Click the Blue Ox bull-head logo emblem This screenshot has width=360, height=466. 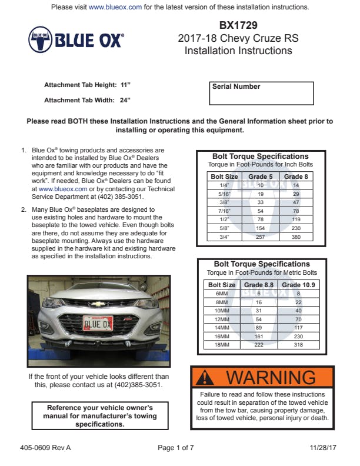click(x=41, y=39)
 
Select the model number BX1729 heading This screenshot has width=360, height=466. click(x=238, y=26)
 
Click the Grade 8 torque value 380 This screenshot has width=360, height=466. click(x=296, y=237)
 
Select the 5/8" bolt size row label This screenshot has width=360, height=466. click(x=224, y=228)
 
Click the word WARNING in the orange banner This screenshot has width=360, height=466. click(x=271, y=377)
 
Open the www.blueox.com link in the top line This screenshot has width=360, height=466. click(x=115, y=7)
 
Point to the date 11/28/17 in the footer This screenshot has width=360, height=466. click(x=324, y=448)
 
